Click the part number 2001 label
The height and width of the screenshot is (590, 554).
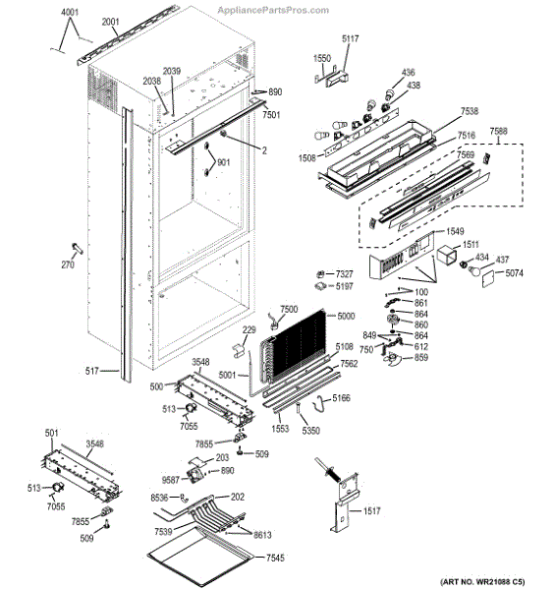pos(110,22)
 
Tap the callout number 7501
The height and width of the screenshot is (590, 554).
pos(271,114)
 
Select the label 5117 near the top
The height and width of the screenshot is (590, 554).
pos(351,38)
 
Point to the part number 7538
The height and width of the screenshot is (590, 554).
pos(470,110)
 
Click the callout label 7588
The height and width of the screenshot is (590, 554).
pos(498,131)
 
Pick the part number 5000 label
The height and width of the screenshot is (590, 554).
pos(346,316)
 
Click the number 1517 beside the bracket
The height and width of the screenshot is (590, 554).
pos(371,510)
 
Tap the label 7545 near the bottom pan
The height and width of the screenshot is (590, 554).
pos(275,558)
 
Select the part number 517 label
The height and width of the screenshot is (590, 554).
pos(91,371)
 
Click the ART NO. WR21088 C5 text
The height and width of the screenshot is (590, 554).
pos(482,582)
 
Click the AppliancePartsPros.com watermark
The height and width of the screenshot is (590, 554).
pos(273,10)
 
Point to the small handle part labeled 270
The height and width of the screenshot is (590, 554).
pos(78,249)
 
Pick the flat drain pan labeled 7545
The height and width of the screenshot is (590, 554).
pos(201,556)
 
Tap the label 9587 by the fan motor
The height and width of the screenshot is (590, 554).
pos(171,480)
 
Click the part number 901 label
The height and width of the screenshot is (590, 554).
pos(223,162)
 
